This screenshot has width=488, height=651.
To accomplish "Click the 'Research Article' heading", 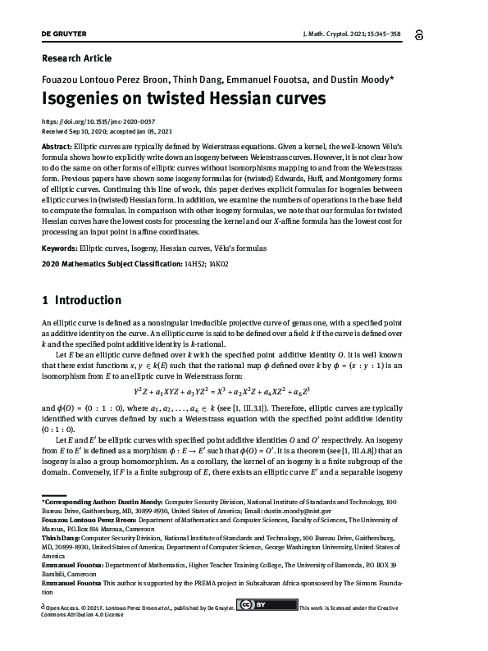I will coord(75,58).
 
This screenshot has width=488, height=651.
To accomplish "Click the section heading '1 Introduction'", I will coord(81,300).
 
